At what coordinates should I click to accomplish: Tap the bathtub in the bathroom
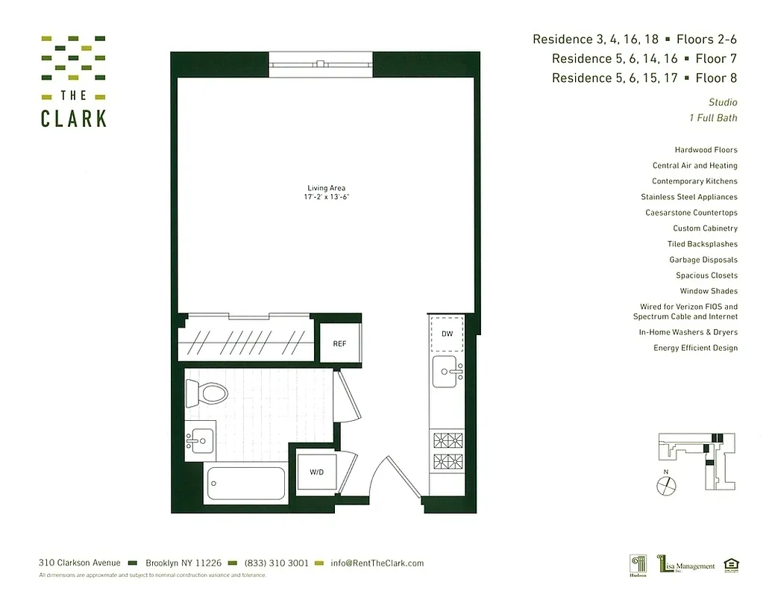click(x=245, y=483)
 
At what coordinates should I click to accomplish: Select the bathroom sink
click(x=198, y=440)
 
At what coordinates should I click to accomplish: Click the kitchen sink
click(x=446, y=371)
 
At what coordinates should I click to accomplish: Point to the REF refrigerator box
click(x=339, y=344)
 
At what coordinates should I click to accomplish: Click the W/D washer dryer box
click(x=316, y=472)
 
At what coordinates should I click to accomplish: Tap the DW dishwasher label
click(x=447, y=334)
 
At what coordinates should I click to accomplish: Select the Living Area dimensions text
click(x=326, y=197)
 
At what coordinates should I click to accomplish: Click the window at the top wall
click(x=320, y=65)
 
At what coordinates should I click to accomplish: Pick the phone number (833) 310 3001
click(x=276, y=563)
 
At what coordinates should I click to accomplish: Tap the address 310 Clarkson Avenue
click(x=79, y=563)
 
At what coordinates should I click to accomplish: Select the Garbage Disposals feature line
click(x=703, y=260)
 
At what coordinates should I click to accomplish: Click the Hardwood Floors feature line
click(x=706, y=150)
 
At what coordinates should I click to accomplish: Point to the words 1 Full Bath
click(x=713, y=118)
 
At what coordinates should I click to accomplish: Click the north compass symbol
click(x=665, y=485)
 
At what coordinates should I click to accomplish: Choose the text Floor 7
click(x=716, y=58)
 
